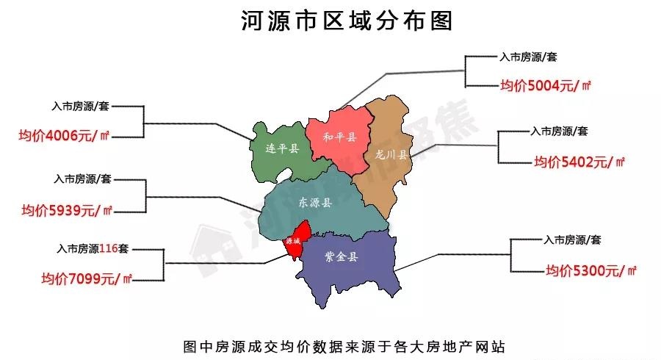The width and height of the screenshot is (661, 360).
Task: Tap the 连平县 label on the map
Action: click(282, 149)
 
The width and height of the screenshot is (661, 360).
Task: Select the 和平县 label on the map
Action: click(339, 137)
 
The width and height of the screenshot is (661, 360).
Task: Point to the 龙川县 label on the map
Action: click(390, 155)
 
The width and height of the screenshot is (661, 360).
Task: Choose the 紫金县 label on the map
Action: click(342, 257)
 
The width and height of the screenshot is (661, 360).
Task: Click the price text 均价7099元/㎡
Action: click(87, 278)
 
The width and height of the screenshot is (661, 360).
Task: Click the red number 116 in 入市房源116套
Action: click(108, 248)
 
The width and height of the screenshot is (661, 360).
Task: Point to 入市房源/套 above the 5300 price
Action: click(573, 240)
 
